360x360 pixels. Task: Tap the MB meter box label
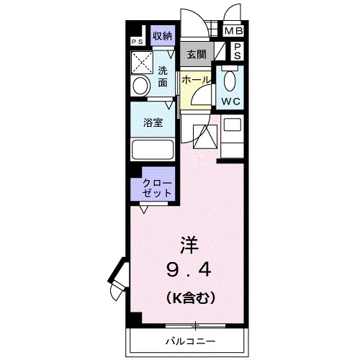pyautogui.click(x=234, y=31)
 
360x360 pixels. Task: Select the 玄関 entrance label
pyautogui.click(x=195, y=53)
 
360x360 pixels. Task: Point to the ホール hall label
pyautogui.click(x=195, y=81)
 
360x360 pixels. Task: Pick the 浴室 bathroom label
pyautogui.click(x=152, y=122)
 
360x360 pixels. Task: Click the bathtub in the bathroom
pyautogui.click(x=153, y=150)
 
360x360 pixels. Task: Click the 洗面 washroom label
pyautogui.click(x=163, y=76)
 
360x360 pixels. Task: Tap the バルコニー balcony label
pyautogui.click(x=191, y=338)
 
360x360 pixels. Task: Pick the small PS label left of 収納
pyautogui.click(x=136, y=41)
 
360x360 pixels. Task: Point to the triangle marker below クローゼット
pyautogui.click(x=145, y=209)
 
